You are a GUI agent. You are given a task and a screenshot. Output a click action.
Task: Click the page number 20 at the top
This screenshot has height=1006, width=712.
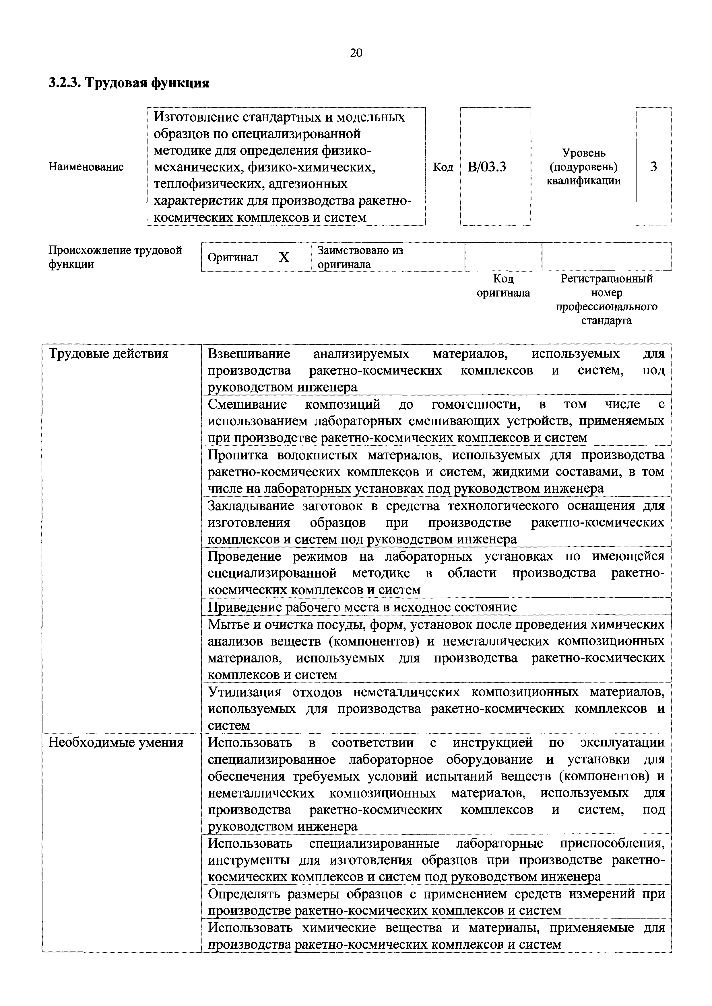pyautogui.click(x=356, y=53)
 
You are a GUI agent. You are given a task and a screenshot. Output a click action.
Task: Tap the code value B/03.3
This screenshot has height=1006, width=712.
pyautogui.click(x=487, y=167)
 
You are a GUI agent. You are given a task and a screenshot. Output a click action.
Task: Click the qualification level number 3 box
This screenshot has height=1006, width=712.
pyautogui.click(x=653, y=167)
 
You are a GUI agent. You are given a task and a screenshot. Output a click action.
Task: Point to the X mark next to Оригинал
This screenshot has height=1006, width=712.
pyautogui.click(x=284, y=258)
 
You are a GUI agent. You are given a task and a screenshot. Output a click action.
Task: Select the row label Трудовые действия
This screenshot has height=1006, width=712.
pyautogui.click(x=108, y=354)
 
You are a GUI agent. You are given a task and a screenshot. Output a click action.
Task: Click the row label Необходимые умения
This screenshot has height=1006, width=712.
pyautogui.click(x=116, y=743)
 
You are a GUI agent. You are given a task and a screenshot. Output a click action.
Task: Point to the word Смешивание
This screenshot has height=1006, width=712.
pyautogui.click(x=247, y=404)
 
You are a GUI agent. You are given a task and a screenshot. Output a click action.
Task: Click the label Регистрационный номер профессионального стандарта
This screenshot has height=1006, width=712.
pyautogui.click(x=607, y=300)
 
